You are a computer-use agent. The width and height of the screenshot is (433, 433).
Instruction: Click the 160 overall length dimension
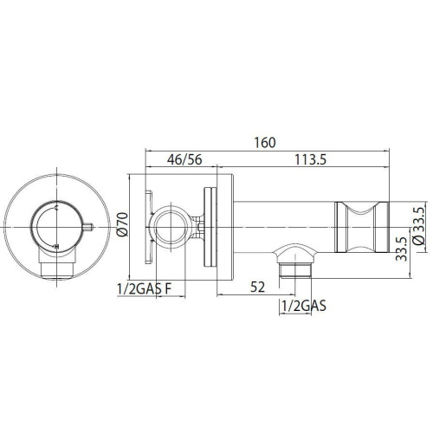coord(265,143)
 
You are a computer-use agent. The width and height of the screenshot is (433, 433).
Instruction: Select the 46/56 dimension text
coord(184,159)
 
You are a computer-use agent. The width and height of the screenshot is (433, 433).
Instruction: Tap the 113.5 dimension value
coord(310,159)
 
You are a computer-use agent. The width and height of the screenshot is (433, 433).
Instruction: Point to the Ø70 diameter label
coord(123,224)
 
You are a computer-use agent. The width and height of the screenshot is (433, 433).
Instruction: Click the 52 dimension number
coord(257,288)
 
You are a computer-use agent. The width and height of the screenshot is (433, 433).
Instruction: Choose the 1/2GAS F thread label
coord(145,289)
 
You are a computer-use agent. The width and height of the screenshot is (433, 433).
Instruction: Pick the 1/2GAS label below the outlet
coord(304,306)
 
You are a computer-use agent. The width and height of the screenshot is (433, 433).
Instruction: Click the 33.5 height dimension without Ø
coord(401,249)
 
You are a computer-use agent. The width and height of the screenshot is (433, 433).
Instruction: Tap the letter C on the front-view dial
coord(56,207)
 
